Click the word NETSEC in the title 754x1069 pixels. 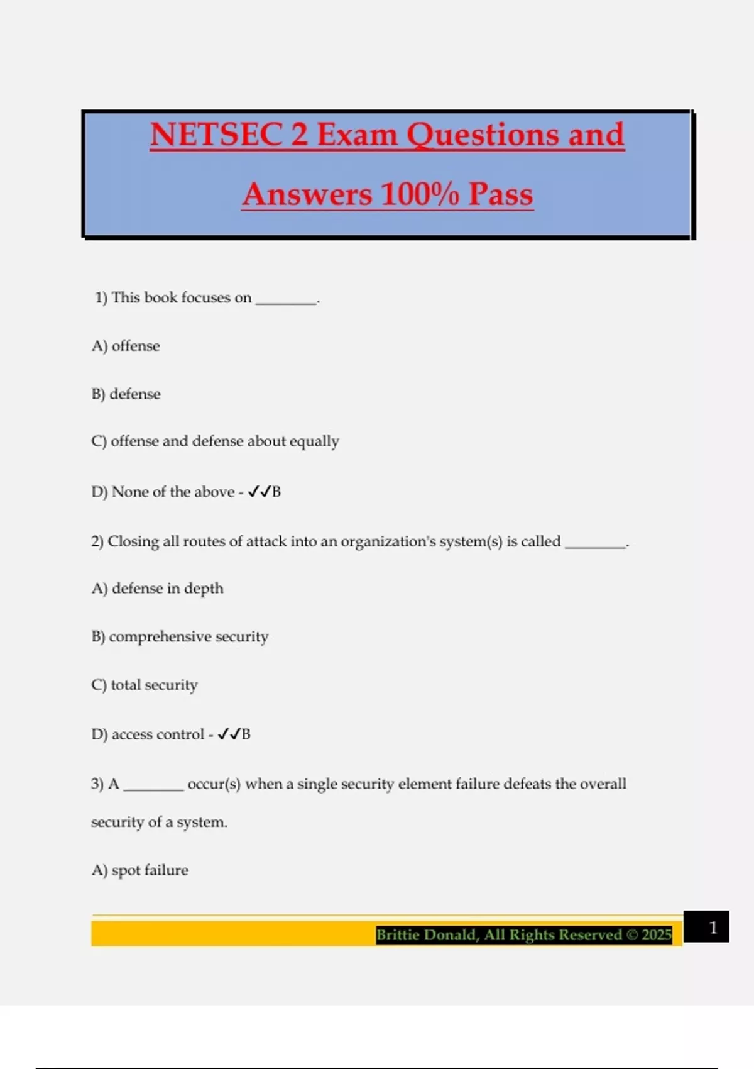click(216, 135)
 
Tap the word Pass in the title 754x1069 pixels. click(500, 194)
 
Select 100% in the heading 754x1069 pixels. click(420, 194)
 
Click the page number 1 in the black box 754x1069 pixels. click(713, 928)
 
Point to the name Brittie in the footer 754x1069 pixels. click(400, 935)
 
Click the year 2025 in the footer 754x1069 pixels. click(657, 935)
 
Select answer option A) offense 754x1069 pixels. click(126, 346)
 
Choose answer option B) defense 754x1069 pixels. click(126, 394)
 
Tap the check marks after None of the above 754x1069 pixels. click(259, 492)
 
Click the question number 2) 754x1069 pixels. click(97, 541)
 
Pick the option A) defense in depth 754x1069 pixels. click(157, 589)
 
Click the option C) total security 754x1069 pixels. click(145, 685)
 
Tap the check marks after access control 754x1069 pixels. click(229, 734)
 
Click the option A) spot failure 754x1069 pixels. click(139, 870)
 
